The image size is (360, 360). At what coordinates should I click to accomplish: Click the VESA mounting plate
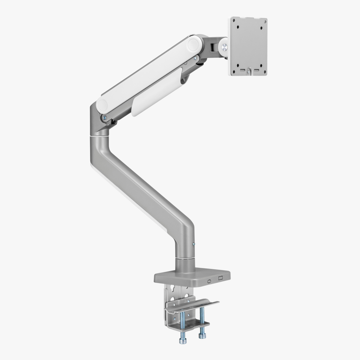[249, 45]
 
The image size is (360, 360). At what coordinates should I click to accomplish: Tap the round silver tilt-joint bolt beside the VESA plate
[224, 46]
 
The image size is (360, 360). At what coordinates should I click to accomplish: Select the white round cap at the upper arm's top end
[195, 45]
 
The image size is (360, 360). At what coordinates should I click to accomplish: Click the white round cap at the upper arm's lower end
[102, 106]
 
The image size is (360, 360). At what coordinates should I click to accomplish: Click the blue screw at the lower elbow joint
[104, 118]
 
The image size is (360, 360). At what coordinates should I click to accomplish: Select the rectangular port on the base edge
[220, 278]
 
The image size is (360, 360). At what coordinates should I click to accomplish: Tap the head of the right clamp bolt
[202, 335]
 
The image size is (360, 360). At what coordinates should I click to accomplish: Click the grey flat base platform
[189, 275]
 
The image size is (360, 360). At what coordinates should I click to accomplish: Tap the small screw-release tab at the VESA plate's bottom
[248, 71]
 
